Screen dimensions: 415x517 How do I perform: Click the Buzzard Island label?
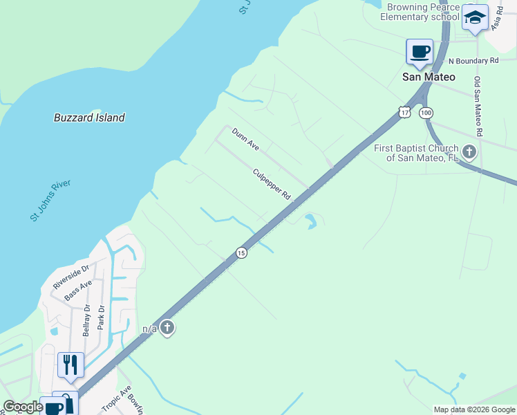point(89,118)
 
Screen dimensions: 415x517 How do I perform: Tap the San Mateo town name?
point(429,77)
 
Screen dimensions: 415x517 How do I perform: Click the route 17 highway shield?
point(404,111)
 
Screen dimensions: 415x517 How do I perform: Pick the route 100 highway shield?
point(426,112)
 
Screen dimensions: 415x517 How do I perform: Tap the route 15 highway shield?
point(241,253)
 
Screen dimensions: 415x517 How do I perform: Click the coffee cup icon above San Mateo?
point(420,50)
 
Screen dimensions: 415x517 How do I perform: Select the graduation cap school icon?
point(475,18)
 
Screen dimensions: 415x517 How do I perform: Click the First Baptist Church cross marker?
point(469,151)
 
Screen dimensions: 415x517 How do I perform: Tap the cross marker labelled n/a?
point(167,328)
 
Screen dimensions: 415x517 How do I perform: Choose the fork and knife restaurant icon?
point(70,365)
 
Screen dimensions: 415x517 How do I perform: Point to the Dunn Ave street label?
point(245,140)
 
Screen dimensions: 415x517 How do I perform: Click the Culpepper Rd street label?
point(272,185)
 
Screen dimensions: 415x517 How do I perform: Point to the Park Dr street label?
point(101,317)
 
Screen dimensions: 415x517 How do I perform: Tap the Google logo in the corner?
point(23,407)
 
